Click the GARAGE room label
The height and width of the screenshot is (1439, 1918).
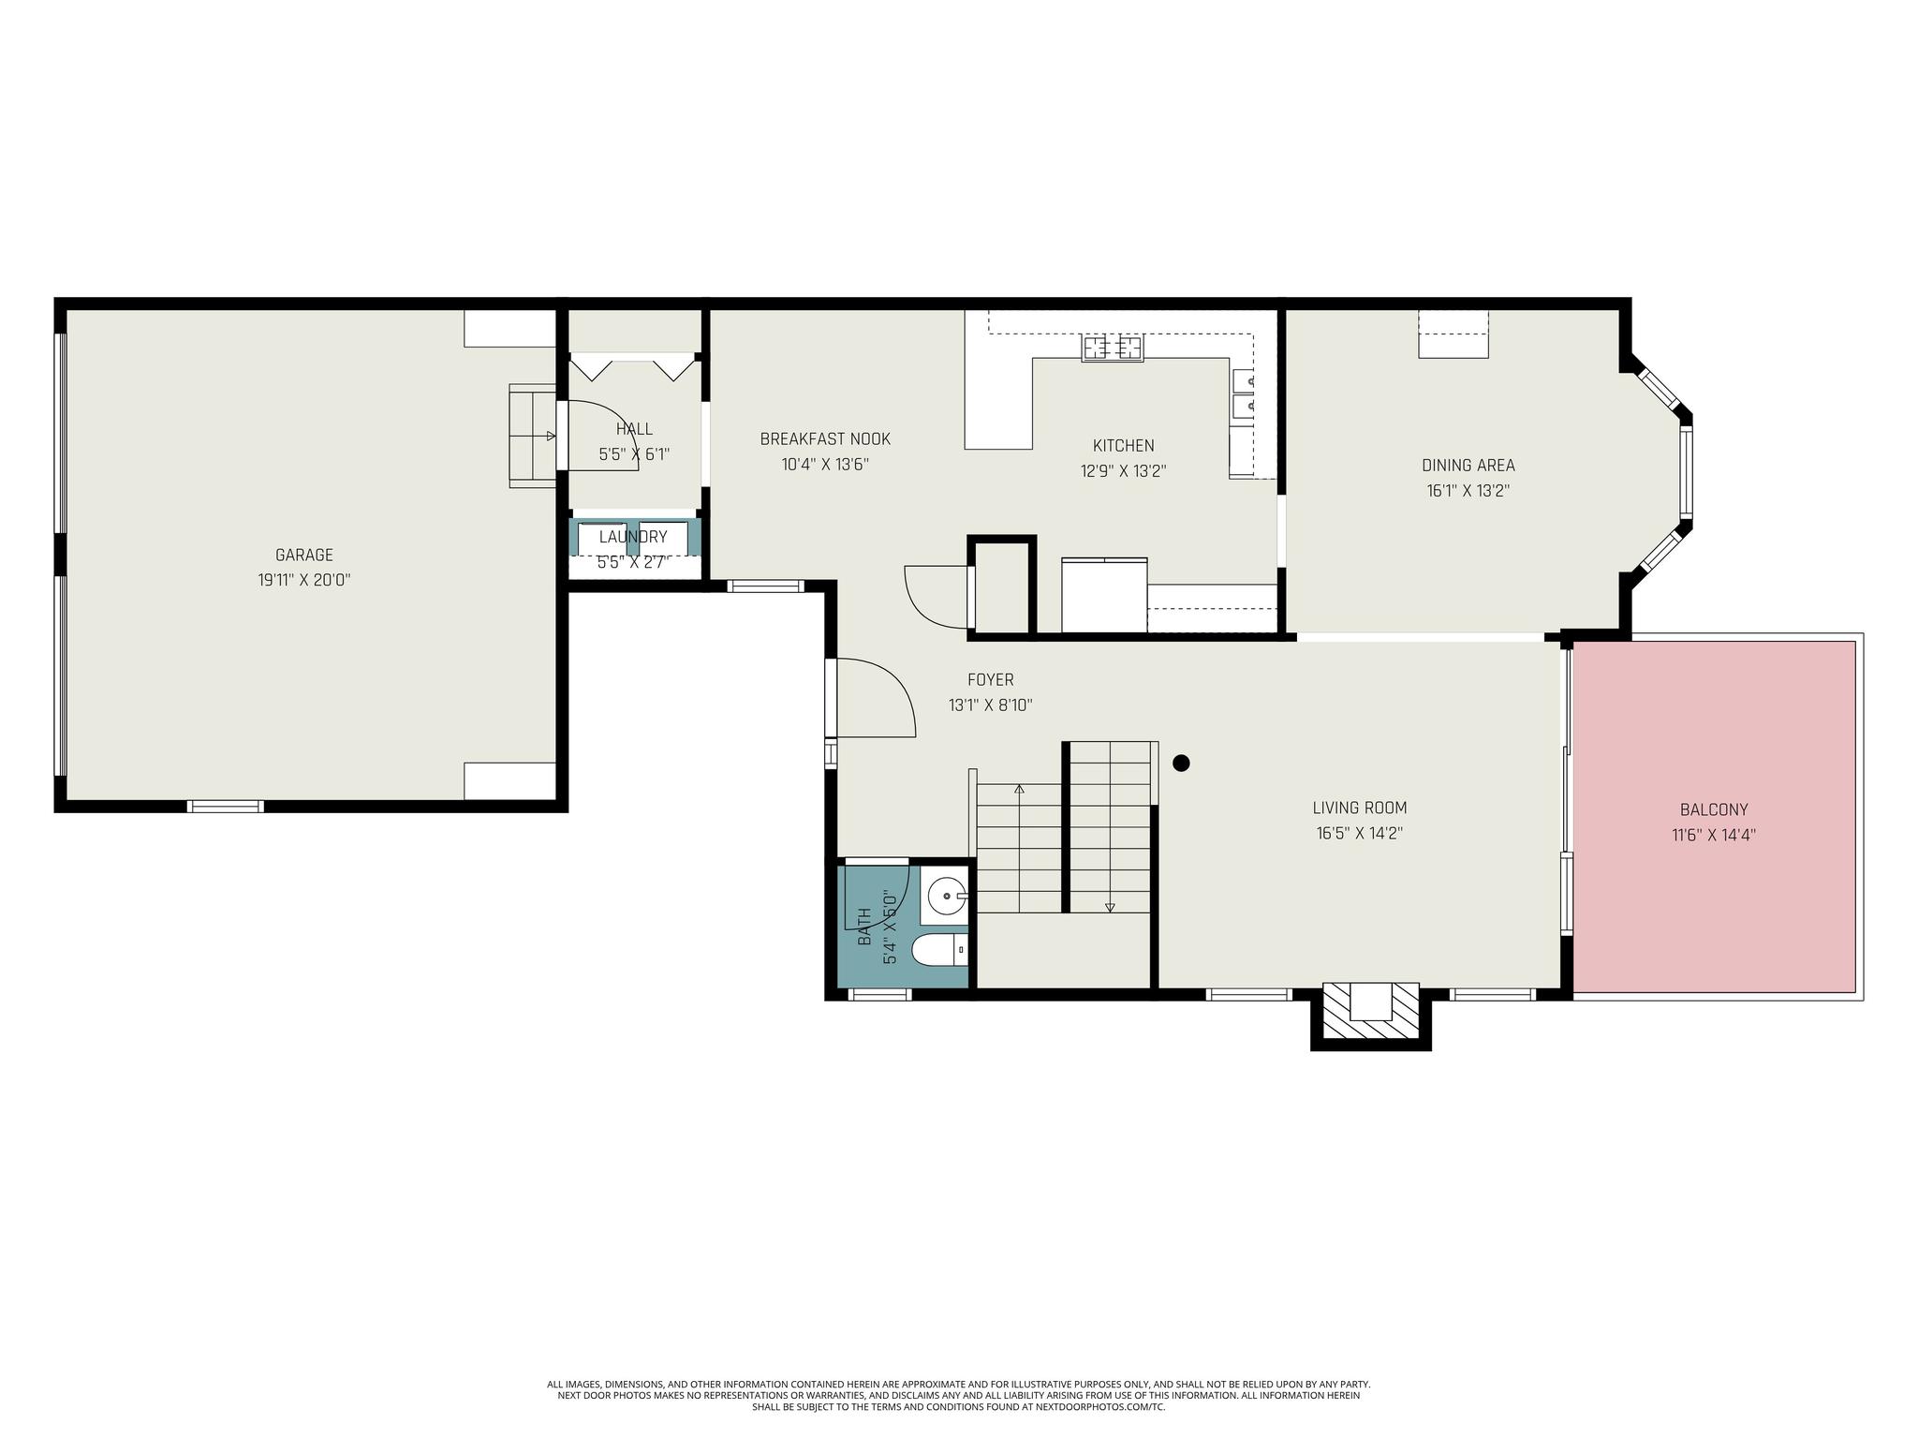coord(304,556)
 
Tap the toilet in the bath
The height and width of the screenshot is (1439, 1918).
coord(939,951)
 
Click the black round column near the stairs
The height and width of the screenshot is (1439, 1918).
coord(1181,763)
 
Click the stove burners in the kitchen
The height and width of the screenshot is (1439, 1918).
coord(1113,349)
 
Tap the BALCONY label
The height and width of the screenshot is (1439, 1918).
coord(1714,810)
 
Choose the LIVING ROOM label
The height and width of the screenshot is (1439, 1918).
coord(1360,808)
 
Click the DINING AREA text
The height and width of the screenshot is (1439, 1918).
coord(1468,466)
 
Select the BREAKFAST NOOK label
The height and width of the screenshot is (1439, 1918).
coord(825,439)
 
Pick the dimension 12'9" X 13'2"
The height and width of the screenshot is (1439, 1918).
coord(1124,471)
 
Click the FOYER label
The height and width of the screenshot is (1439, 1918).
coord(991,680)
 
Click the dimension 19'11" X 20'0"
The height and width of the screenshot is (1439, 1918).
coord(304,581)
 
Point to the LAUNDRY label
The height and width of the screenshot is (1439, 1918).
coord(633,537)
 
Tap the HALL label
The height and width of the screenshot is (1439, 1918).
coord(634,429)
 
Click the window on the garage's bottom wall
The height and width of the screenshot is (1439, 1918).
coord(225,807)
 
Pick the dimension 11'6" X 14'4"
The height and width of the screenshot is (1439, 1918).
coord(1714,836)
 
